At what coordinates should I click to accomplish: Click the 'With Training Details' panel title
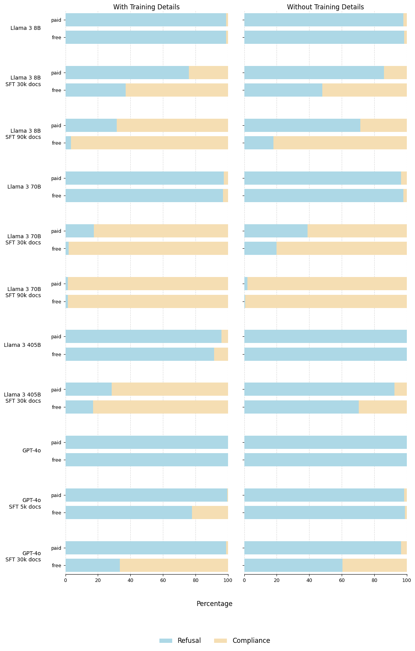click(146, 7)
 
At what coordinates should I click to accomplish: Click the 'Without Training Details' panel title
click(325, 7)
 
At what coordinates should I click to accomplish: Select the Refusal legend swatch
click(166, 641)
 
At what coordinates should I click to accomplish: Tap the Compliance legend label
click(251, 641)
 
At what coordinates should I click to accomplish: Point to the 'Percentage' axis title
click(214, 604)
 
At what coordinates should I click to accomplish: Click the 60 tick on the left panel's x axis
click(163, 580)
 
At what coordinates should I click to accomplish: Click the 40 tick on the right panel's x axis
click(309, 580)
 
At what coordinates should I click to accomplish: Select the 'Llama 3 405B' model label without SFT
click(22, 345)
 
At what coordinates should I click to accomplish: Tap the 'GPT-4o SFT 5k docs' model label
click(26, 504)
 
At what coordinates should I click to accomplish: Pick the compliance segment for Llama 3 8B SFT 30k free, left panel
click(177, 90)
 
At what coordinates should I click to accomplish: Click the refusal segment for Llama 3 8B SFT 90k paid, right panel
click(302, 125)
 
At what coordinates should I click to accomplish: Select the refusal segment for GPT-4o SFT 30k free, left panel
click(93, 565)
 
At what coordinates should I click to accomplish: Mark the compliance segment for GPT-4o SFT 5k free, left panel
click(210, 512)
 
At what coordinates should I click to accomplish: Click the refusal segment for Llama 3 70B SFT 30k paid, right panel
click(276, 231)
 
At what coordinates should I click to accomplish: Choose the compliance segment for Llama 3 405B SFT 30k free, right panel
click(383, 407)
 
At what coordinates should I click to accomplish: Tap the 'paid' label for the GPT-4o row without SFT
click(56, 442)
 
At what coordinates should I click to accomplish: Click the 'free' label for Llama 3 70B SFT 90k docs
click(57, 301)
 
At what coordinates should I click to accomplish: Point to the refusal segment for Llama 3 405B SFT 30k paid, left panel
click(88, 389)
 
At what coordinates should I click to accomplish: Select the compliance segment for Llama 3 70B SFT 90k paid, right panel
click(327, 284)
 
